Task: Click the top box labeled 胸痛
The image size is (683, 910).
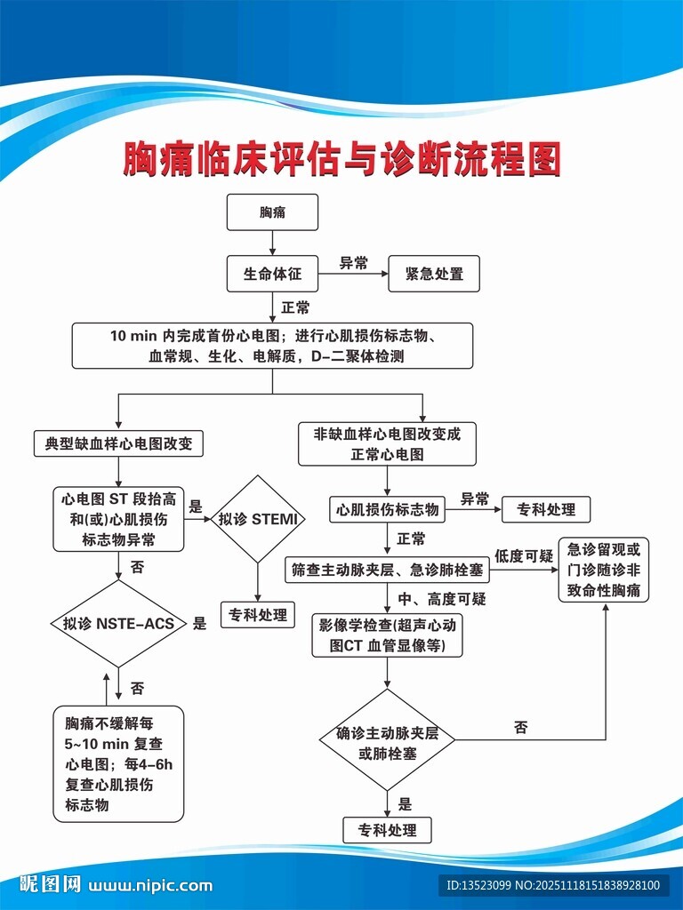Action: pos(272,214)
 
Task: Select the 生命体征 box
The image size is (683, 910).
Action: pos(272,274)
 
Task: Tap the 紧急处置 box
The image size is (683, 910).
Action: pos(434,274)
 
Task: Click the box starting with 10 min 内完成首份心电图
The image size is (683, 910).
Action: pos(272,346)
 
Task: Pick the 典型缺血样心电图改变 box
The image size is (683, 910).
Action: pos(118,443)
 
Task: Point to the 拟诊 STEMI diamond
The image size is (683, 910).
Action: pos(257,518)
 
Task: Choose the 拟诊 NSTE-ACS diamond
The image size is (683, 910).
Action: pos(118,623)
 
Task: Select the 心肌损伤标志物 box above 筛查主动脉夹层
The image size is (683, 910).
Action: pos(386,509)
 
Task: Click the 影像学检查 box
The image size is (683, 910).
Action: pos(387,635)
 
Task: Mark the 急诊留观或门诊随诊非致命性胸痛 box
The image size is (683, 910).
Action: pos(603,570)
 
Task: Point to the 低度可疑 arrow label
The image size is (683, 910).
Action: pos(524,555)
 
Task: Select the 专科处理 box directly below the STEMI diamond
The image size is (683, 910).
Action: pos(258,615)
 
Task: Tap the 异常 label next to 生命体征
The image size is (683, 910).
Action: pos(353,263)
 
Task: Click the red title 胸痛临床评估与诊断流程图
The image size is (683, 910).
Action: pos(341,159)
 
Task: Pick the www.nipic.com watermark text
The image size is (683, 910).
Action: pos(151,885)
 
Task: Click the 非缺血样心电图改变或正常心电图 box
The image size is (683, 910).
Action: pos(387,443)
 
